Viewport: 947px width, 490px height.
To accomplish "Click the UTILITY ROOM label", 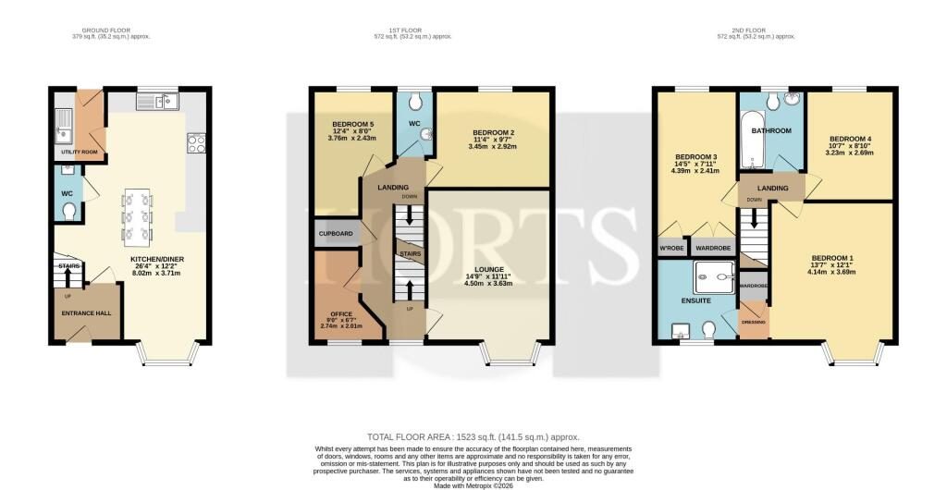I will click(x=79, y=152).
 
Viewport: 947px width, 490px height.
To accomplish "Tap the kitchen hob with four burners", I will click(x=196, y=142).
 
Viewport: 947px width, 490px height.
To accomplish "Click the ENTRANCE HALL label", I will click(x=86, y=313).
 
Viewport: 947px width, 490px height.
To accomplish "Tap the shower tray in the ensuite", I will click(x=713, y=272).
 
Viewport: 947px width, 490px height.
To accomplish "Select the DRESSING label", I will click(x=754, y=321).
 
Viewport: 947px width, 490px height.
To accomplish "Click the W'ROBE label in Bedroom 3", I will click(x=670, y=249).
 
